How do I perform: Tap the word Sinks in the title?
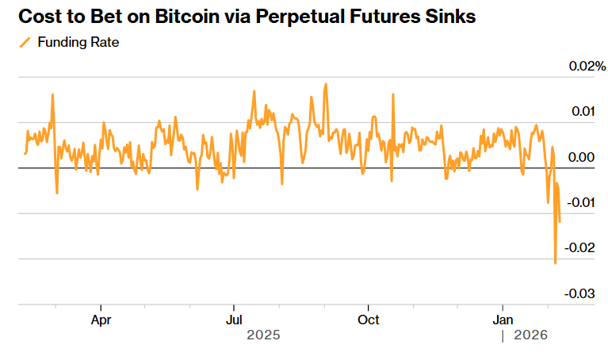point(450,16)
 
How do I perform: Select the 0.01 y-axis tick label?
point(583,111)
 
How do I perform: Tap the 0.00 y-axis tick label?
point(581,157)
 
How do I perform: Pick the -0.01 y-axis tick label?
point(581,202)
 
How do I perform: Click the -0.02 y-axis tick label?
point(581,248)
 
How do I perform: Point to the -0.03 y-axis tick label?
point(581,294)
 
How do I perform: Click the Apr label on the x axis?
point(101,320)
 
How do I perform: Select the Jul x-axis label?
point(234,320)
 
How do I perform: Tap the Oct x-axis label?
point(368,320)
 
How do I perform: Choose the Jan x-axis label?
point(503,320)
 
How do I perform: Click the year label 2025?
point(263,335)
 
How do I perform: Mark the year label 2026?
point(530,335)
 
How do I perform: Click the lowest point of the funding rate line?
point(555,263)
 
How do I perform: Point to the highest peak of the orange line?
point(325,83)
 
